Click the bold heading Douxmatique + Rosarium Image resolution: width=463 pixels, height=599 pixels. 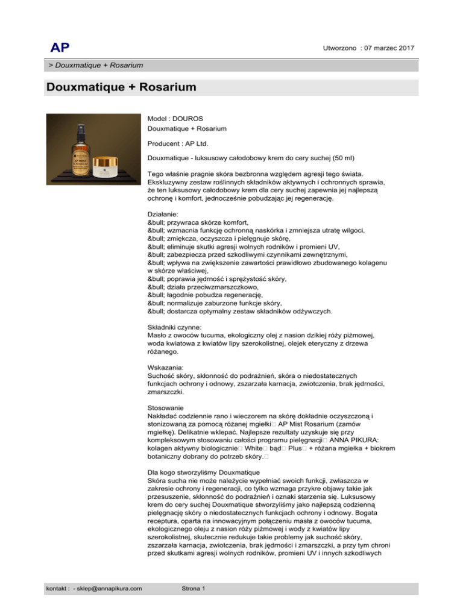(x=121, y=87)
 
